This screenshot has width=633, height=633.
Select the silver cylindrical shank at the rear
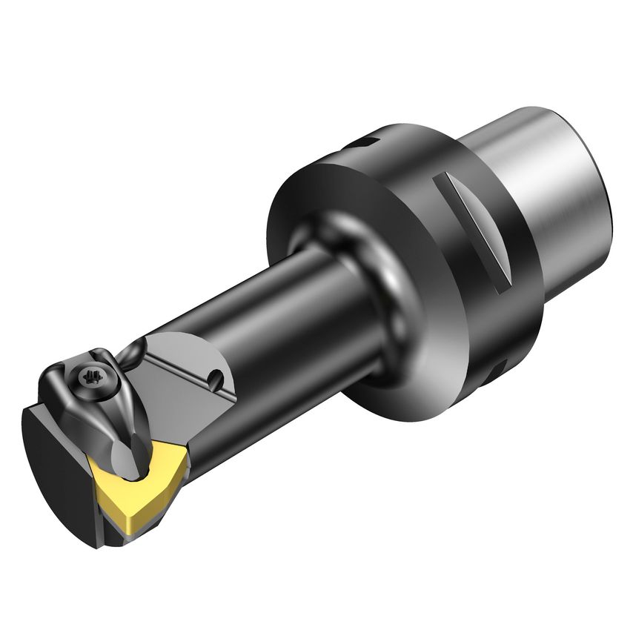tap(545, 193)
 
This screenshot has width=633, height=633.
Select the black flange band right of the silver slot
tap(511, 252)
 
